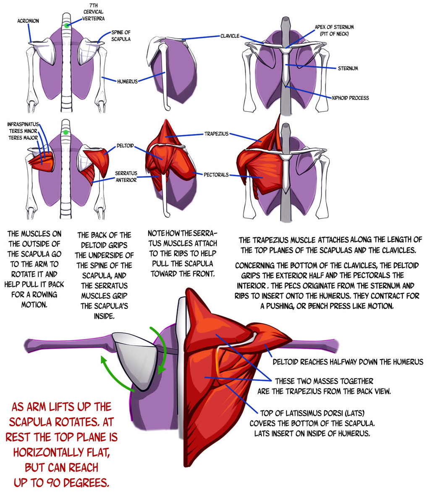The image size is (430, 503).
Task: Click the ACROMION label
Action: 28,21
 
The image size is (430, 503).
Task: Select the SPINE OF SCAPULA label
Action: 121,35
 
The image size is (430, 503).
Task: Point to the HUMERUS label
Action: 127,81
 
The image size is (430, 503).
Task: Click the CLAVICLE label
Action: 230,36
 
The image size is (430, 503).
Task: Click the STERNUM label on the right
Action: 348,68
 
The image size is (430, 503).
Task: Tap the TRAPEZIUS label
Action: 216,134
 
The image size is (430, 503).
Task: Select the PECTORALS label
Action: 216,174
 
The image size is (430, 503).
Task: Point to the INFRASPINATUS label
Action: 23,124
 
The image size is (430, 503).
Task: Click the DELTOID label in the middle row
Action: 126,146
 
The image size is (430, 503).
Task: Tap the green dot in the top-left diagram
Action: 67,26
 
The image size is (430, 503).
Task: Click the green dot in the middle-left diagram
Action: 65,133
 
